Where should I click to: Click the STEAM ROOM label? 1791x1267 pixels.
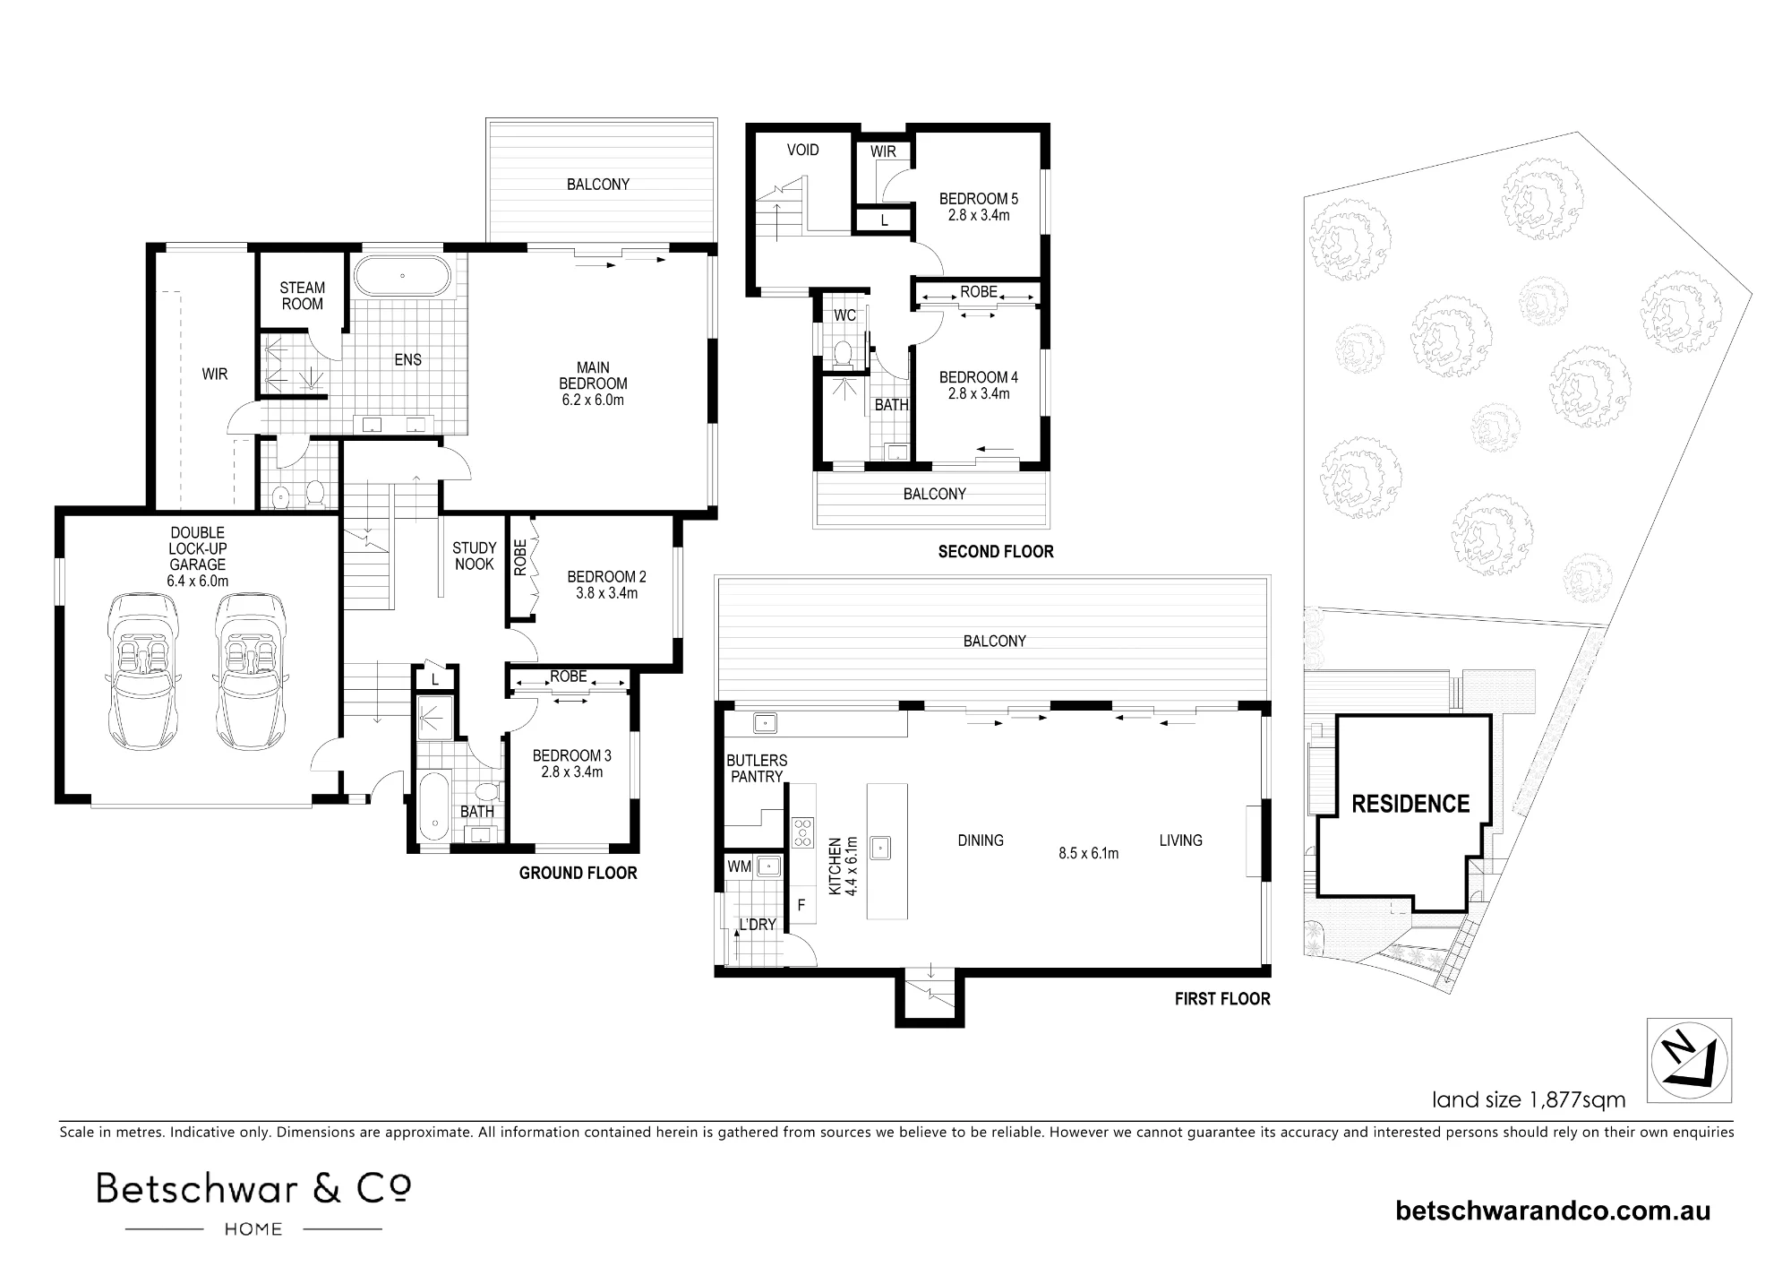click(302, 296)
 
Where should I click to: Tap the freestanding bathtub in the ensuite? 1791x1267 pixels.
click(402, 276)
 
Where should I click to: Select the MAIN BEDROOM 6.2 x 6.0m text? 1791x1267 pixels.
click(593, 384)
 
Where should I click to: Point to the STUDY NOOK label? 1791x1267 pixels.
click(474, 556)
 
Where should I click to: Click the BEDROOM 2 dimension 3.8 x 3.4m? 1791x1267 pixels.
click(606, 593)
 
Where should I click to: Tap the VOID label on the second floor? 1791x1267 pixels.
click(802, 150)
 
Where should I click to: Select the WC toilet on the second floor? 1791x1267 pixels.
click(843, 355)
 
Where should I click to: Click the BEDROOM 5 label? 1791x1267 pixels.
click(978, 199)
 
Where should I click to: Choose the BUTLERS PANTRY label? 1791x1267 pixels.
click(757, 769)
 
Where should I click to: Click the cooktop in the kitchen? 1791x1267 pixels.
click(802, 833)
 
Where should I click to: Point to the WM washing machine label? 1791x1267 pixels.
click(740, 866)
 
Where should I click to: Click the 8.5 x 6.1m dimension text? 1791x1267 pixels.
click(1089, 854)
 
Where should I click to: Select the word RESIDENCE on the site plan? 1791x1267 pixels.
click(1410, 804)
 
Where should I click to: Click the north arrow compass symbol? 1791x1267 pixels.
click(1689, 1060)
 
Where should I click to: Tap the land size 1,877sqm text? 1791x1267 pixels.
click(1529, 1099)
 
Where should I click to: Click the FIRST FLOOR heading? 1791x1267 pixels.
click(1222, 998)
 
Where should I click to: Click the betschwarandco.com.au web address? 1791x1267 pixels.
click(1553, 1211)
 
